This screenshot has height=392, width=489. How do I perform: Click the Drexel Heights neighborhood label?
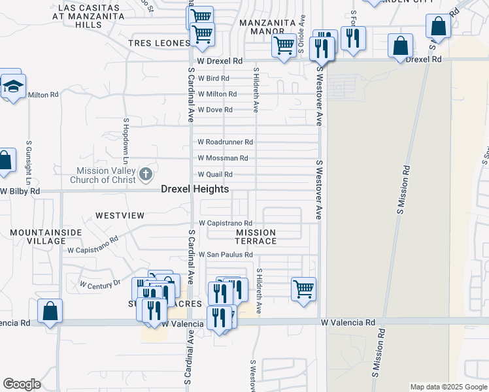[x=195, y=189]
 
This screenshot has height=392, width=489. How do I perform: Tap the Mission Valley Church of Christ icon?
[x=145, y=174]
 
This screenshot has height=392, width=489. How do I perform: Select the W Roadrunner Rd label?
[x=226, y=142]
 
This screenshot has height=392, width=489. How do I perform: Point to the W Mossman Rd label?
[x=223, y=158]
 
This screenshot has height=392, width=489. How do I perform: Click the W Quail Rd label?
[x=215, y=174]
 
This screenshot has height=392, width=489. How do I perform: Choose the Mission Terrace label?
[x=256, y=237]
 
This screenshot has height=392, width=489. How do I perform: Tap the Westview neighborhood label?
[x=120, y=215]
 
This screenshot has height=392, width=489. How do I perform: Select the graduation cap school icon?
[x=12, y=86]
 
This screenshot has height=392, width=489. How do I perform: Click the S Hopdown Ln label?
[x=125, y=141]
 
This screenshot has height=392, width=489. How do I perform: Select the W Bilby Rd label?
[x=20, y=191]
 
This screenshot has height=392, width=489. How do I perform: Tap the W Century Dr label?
[x=100, y=284]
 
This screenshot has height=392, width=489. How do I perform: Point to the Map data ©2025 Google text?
[x=448, y=387]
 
